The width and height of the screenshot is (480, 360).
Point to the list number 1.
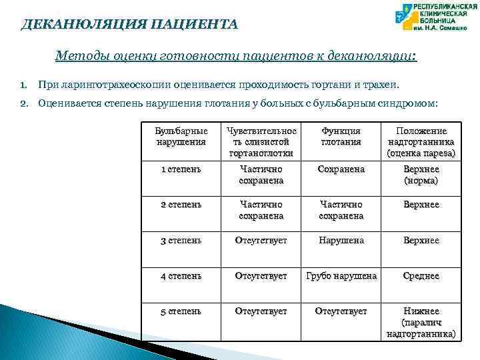tap(23, 85)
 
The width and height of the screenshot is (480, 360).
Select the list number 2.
tap(23, 103)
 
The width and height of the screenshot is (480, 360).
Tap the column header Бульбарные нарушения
tap(181, 137)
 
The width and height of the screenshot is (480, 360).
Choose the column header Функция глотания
tap(341, 137)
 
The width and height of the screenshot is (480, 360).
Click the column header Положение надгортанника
tap(421, 142)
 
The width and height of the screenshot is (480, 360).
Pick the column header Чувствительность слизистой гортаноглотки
tap(261, 142)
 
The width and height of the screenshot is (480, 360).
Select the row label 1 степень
tap(181, 169)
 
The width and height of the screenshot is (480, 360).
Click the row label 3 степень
tap(181, 240)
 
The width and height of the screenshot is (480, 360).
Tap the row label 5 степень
tap(181, 311)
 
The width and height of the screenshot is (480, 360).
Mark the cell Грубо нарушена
tap(341, 275)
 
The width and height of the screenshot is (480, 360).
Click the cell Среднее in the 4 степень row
tap(421, 275)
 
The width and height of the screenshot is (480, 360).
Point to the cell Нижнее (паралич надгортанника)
tap(421, 322)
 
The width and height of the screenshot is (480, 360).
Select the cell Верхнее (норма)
tap(421, 175)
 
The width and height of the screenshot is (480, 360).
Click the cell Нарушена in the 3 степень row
tap(341, 240)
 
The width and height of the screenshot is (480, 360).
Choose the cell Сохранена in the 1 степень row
tap(341, 169)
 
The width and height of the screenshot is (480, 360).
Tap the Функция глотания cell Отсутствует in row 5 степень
tap(341, 311)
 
